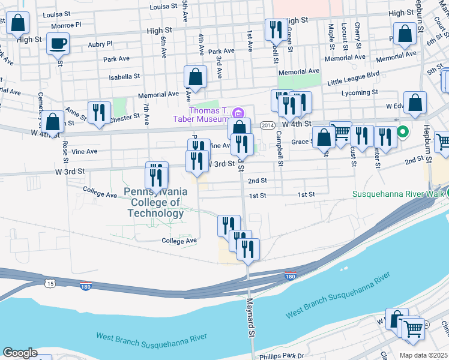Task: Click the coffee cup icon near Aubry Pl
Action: click(x=58, y=43)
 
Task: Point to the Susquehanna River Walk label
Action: click(x=397, y=194)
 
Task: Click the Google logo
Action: click(x=20, y=352)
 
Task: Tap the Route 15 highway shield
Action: click(x=49, y=281)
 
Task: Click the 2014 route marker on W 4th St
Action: click(x=268, y=124)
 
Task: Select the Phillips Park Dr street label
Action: click(x=282, y=356)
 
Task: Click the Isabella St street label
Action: click(x=124, y=77)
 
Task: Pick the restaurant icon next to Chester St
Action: click(x=98, y=112)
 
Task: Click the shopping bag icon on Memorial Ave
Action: click(x=195, y=77)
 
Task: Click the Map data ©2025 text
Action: click(x=423, y=355)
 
